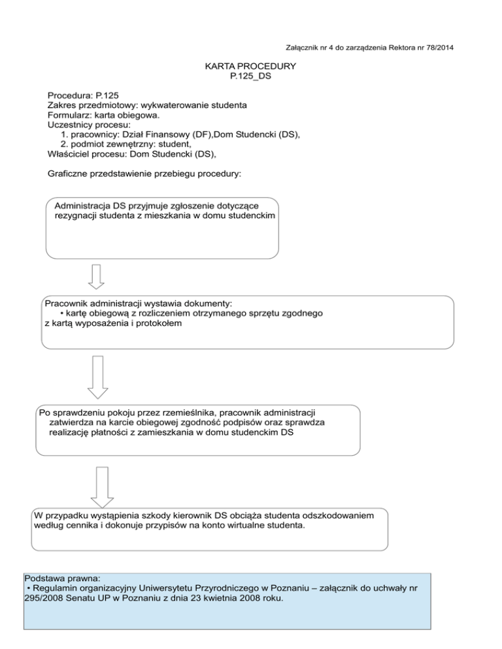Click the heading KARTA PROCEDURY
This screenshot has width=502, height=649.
point(250,67)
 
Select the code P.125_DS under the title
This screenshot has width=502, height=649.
point(250,76)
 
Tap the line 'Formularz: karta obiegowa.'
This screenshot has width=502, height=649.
point(103,114)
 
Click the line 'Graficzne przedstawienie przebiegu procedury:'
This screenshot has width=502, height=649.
point(144,174)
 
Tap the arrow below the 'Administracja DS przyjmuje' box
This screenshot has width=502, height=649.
point(97,276)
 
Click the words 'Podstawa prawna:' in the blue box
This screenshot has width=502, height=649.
point(61,578)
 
